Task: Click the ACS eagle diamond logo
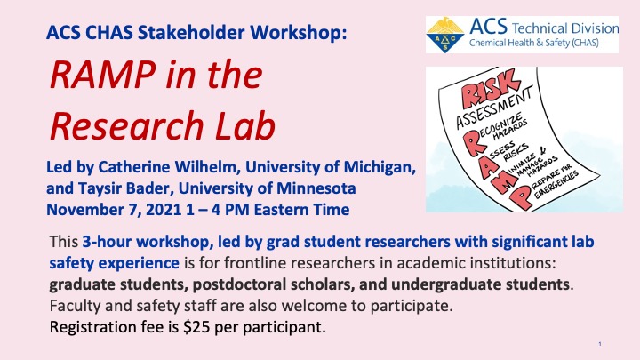(x=445, y=35)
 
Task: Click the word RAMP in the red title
(x=102, y=75)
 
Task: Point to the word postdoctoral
(x=237, y=284)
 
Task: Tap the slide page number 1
(x=600, y=344)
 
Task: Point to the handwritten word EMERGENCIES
(x=556, y=185)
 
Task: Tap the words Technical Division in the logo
(x=565, y=28)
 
